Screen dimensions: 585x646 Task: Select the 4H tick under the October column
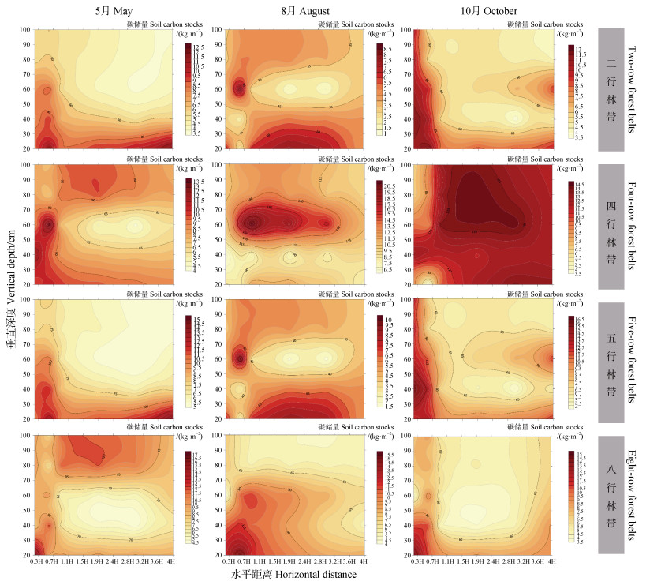click(x=552, y=561)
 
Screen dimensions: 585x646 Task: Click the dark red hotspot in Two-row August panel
click(x=240, y=88)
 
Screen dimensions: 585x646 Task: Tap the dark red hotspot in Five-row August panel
click(x=240, y=358)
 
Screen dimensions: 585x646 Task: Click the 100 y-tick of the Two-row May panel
click(x=25, y=29)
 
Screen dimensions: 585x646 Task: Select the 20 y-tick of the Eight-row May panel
click(x=25, y=554)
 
